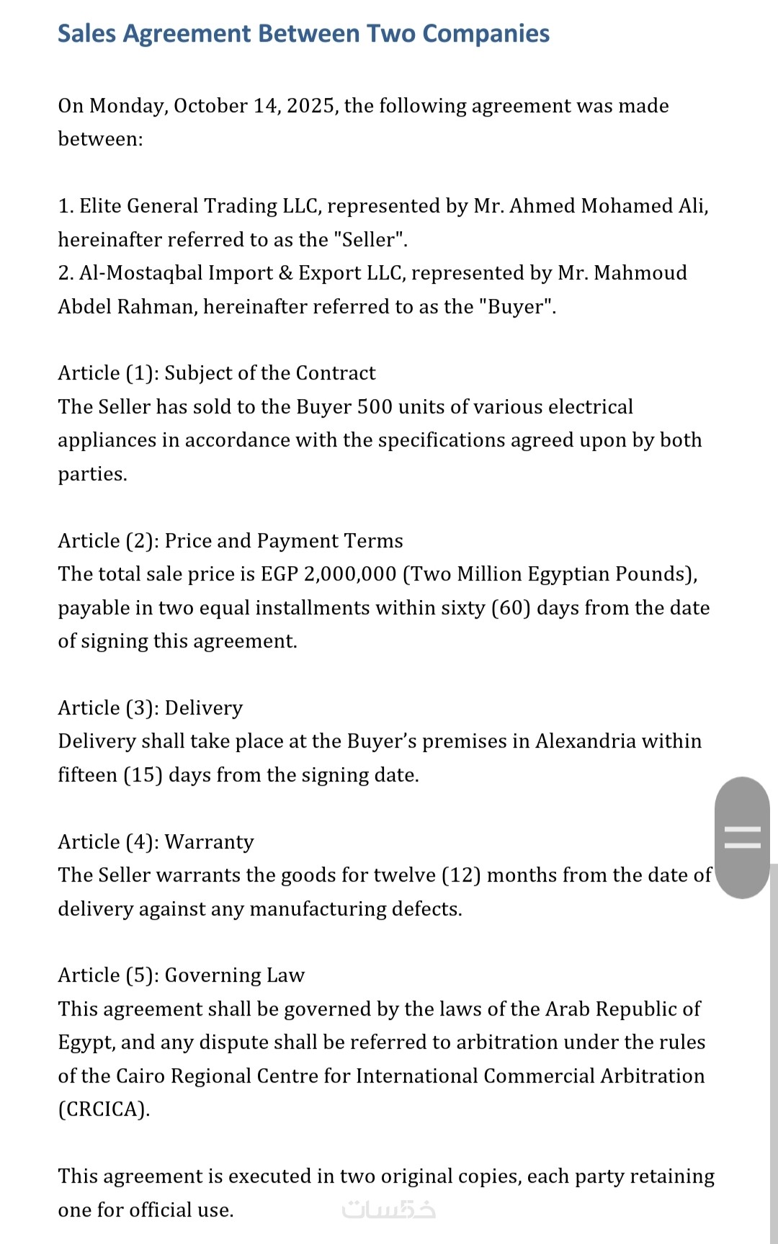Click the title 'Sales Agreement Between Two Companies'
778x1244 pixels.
303,34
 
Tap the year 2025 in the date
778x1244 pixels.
310,106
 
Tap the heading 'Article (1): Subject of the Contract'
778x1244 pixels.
217,373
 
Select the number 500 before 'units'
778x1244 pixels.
375,407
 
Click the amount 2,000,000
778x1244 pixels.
350,574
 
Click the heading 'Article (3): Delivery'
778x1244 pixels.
151,708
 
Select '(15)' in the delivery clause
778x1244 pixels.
143,775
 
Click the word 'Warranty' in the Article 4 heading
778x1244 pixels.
209,842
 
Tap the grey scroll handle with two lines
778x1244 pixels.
742,837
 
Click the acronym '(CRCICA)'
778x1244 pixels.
104,1109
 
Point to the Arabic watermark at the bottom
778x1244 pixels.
389,1209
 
